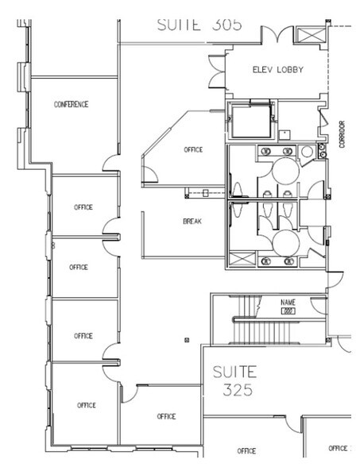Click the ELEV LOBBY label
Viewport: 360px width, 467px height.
pyautogui.click(x=274, y=69)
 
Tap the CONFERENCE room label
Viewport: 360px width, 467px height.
pyautogui.click(x=71, y=104)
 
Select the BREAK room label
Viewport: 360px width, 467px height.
pyautogui.click(x=192, y=222)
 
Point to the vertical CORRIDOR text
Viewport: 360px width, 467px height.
pyautogui.click(x=342, y=136)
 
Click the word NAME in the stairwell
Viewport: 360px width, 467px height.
pyautogui.click(x=288, y=303)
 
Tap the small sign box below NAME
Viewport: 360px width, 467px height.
pyautogui.click(x=288, y=311)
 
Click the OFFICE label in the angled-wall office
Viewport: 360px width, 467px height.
pyautogui.click(x=193, y=149)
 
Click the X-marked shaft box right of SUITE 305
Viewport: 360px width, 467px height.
pyautogui.click(x=305, y=34)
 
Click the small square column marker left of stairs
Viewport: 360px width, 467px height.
pyautogui.click(x=186, y=340)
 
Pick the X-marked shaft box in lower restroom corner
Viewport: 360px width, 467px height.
pyautogui.click(x=238, y=259)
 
